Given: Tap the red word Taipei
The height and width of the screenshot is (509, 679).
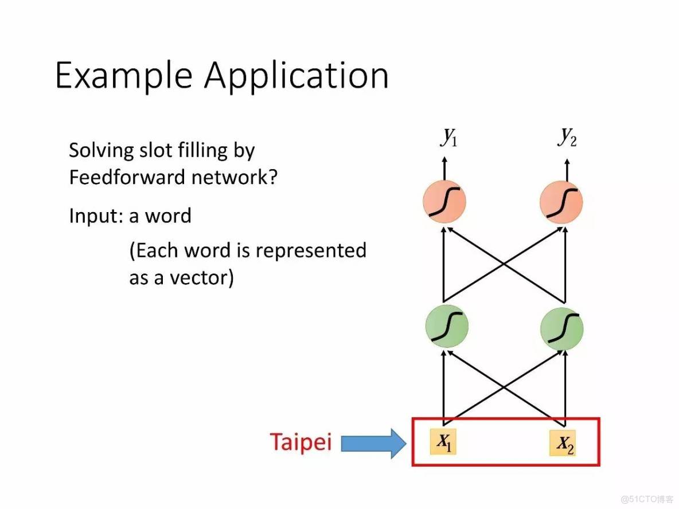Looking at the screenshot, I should [301, 443].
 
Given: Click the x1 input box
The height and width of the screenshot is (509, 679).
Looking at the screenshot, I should [444, 441].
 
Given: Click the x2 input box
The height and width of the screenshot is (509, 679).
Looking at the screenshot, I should [563, 444].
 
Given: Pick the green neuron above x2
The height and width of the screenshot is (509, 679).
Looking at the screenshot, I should [561, 327].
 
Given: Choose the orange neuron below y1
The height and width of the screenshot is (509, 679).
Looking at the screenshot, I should [444, 202].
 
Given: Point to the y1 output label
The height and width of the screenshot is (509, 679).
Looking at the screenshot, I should [448, 138].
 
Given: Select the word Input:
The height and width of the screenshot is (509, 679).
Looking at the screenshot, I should [95, 216].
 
